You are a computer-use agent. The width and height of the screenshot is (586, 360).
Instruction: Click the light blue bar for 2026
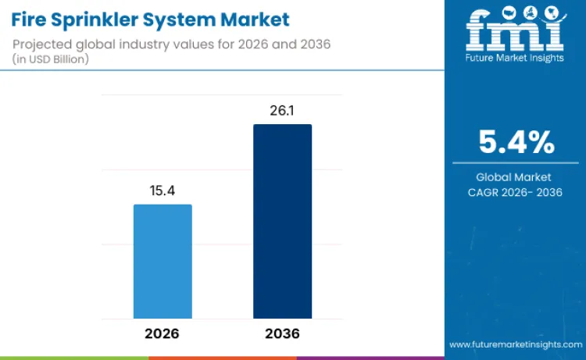tap(163, 261)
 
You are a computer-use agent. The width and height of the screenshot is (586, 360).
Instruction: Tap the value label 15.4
tap(163, 191)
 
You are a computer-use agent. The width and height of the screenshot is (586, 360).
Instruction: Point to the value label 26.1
tap(282, 111)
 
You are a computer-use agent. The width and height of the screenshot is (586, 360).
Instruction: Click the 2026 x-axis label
tap(163, 333)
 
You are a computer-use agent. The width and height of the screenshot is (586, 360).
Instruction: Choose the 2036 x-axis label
tap(282, 333)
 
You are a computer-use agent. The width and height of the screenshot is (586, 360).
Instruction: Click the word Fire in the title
tap(30, 19)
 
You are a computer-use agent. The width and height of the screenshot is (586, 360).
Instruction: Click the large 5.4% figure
tap(516, 142)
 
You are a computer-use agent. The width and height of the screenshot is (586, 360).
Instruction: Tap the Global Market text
tap(516, 177)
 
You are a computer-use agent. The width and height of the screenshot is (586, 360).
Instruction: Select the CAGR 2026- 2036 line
tap(516, 193)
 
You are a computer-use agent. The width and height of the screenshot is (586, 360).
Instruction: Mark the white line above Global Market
tap(516, 162)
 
